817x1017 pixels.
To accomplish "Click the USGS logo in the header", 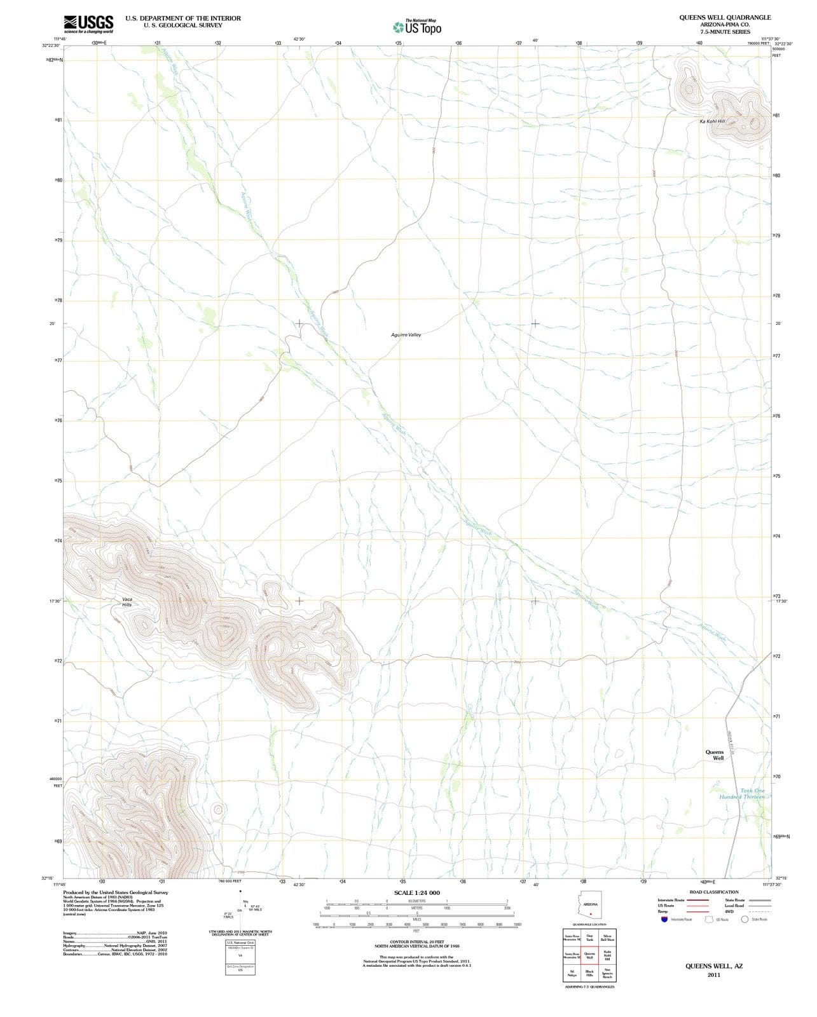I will [x=88, y=24].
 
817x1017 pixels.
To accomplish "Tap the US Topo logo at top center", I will [x=416, y=27].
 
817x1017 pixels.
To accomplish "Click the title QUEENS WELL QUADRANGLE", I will [x=725, y=18].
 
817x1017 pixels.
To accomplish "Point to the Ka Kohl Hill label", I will [x=711, y=121].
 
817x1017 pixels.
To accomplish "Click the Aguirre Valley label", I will [x=406, y=334].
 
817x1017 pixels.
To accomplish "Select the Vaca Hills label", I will [x=127, y=601].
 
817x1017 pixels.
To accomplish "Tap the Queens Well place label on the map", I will [x=715, y=755].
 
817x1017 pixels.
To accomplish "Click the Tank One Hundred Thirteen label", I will [x=745, y=794].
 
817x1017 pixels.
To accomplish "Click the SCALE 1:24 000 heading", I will [x=416, y=893].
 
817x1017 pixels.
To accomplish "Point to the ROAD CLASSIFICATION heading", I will [x=714, y=892].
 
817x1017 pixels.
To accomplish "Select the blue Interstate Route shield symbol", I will [x=664, y=919].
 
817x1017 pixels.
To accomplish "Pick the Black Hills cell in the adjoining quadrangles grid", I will [x=589, y=973].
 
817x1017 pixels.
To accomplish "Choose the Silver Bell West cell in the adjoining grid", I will [x=607, y=938].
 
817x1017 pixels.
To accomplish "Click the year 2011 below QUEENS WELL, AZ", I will [x=713, y=975].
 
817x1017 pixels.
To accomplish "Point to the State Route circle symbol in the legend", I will [x=745, y=919].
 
